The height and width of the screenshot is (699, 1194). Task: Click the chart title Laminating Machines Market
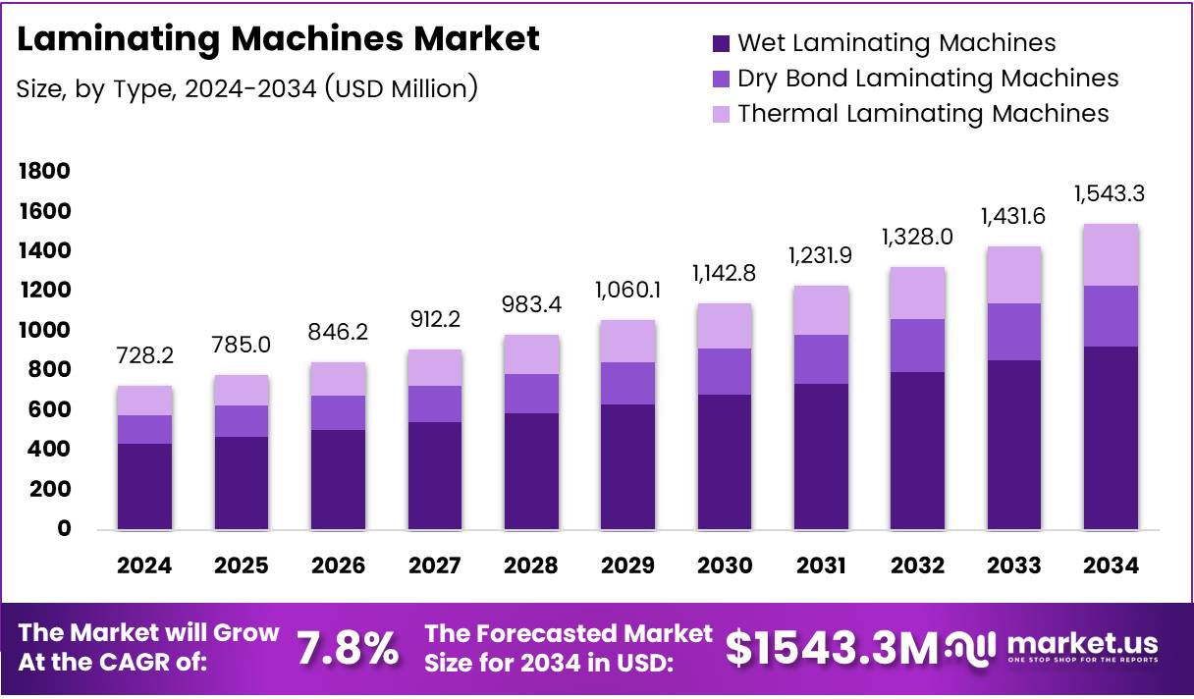[278, 39]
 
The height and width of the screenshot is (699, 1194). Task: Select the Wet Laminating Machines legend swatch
[722, 43]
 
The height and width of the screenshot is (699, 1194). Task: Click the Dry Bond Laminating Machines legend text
[927, 79]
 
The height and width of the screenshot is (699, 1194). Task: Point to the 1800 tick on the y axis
[43, 172]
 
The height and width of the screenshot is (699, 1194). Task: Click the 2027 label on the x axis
[435, 565]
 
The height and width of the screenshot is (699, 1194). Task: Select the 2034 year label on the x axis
[1111, 565]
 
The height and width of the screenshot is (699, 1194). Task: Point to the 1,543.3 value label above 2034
[1111, 193]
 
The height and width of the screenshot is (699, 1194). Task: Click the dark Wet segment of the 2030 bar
[725, 461]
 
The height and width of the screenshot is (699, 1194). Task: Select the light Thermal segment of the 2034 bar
[1111, 254]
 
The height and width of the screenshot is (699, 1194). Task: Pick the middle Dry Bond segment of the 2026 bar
[338, 412]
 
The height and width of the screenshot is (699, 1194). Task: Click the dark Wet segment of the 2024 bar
[144, 486]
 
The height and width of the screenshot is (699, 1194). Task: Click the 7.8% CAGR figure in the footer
[348, 649]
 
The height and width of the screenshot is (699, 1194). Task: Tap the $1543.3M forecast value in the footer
[831, 648]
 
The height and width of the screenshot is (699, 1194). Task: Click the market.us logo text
[1081, 643]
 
